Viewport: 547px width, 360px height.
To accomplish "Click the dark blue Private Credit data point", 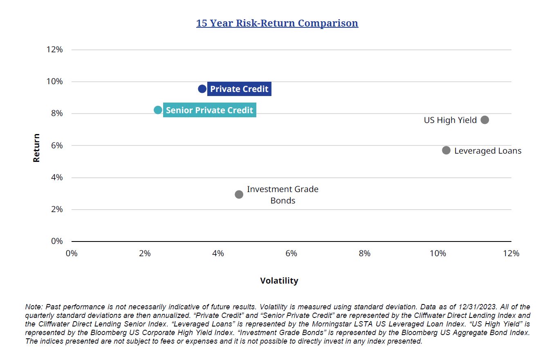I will click(202, 89).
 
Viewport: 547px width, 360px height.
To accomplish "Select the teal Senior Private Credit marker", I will click(158, 110).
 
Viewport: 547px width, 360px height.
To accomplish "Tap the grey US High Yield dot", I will click(485, 120).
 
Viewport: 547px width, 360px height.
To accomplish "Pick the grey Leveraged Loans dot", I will click(446, 150).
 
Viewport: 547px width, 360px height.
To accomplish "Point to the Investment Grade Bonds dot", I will click(239, 194).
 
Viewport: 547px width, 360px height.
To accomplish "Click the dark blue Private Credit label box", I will click(239, 89).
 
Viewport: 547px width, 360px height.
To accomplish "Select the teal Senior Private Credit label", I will click(209, 110).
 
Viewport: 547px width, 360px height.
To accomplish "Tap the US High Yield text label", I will click(450, 120).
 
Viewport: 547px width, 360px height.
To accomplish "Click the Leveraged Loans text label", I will click(488, 151).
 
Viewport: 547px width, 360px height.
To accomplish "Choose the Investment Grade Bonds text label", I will click(282, 195).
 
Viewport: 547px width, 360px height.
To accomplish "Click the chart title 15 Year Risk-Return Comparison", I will click(277, 23).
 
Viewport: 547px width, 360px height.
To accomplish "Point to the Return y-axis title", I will click(37, 148).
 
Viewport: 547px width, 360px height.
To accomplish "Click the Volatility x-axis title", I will click(279, 281).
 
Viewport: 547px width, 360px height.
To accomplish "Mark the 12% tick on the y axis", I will click(55, 50).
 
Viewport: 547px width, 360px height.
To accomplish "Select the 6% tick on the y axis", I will click(56, 145).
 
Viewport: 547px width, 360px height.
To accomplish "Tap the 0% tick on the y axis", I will click(56, 241).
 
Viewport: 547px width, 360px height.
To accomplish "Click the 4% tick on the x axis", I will click(218, 253).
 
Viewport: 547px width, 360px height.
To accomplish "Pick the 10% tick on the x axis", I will click(438, 253).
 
